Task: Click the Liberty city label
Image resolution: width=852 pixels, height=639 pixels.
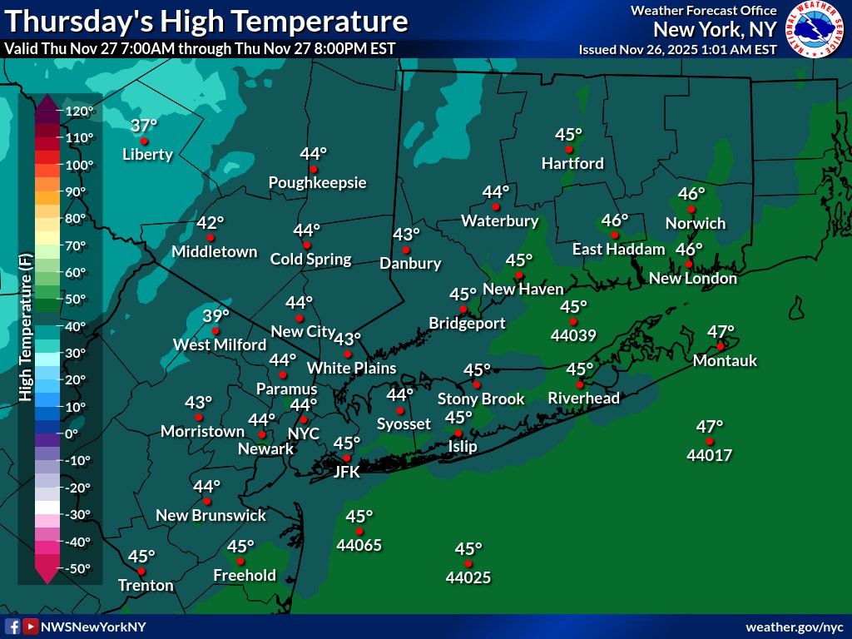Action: pyautogui.click(x=147, y=154)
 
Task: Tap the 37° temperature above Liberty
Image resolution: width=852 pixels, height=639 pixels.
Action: pyautogui.click(x=144, y=126)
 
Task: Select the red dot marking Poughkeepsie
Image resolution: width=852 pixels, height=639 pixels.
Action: pyautogui.click(x=314, y=170)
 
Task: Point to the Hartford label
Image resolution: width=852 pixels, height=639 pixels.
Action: pyautogui.click(x=572, y=163)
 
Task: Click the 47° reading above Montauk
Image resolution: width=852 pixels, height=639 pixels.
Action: pyautogui.click(x=721, y=331)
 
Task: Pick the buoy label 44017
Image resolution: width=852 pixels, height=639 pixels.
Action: pyautogui.click(x=709, y=455)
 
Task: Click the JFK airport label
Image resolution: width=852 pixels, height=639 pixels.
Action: pyautogui.click(x=346, y=472)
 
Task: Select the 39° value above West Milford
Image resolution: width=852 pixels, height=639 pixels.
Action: pyautogui.click(x=215, y=316)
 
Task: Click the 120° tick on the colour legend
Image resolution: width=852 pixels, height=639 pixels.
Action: pyautogui.click(x=82, y=111)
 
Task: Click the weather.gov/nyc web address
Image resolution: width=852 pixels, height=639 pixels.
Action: pyautogui.click(x=795, y=627)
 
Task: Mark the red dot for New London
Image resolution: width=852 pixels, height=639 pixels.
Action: pyautogui.click(x=689, y=264)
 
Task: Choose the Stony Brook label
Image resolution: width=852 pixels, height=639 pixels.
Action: pyautogui.click(x=481, y=399)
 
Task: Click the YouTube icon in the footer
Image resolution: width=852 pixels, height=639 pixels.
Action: pyautogui.click(x=30, y=627)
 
